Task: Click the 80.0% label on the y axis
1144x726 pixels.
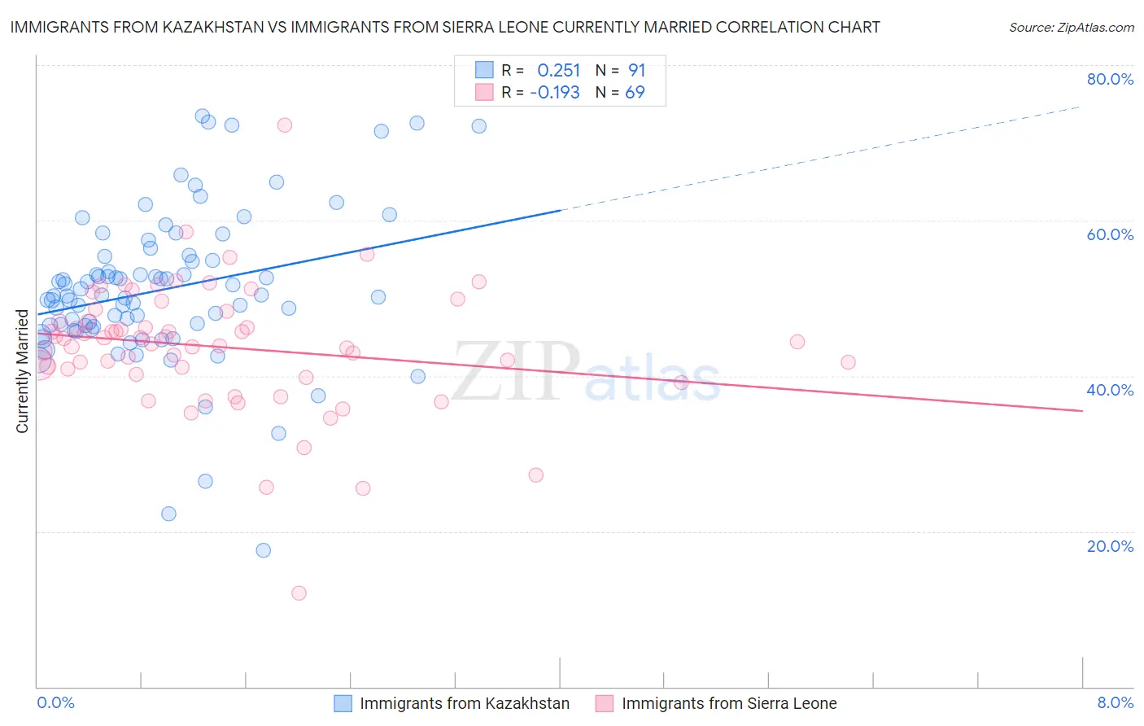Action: [x=1110, y=79]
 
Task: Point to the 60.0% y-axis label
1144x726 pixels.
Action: [x=1110, y=234]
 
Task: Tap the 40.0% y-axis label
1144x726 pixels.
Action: [x=1110, y=390]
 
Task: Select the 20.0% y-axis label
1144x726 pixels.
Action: [x=1110, y=546]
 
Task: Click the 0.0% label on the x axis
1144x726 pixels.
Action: [x=55, y=702]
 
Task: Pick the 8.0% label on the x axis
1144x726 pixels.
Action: [x=1115, y=702]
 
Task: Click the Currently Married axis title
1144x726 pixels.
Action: [x=22, y=371]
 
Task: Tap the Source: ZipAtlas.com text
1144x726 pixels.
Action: [x=1071, y=28]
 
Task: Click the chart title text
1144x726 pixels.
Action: [x=445, y=28]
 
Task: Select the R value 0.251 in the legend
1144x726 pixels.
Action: [x=558, y=71]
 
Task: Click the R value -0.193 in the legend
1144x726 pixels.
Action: [x=555, y=93]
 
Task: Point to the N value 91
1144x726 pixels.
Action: [x=636, y=71]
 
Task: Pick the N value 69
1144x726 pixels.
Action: [x=635, y=93]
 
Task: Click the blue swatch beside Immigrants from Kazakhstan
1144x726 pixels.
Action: [x=343, y=703]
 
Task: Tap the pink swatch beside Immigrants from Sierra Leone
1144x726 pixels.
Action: [x=605, y=703]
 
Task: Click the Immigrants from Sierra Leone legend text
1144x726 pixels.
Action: [x=729, y=703]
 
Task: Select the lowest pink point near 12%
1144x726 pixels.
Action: [x=299, y=593]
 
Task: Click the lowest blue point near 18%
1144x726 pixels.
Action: [x=264, y=550]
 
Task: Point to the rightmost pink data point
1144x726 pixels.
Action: [x=848, y=362]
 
